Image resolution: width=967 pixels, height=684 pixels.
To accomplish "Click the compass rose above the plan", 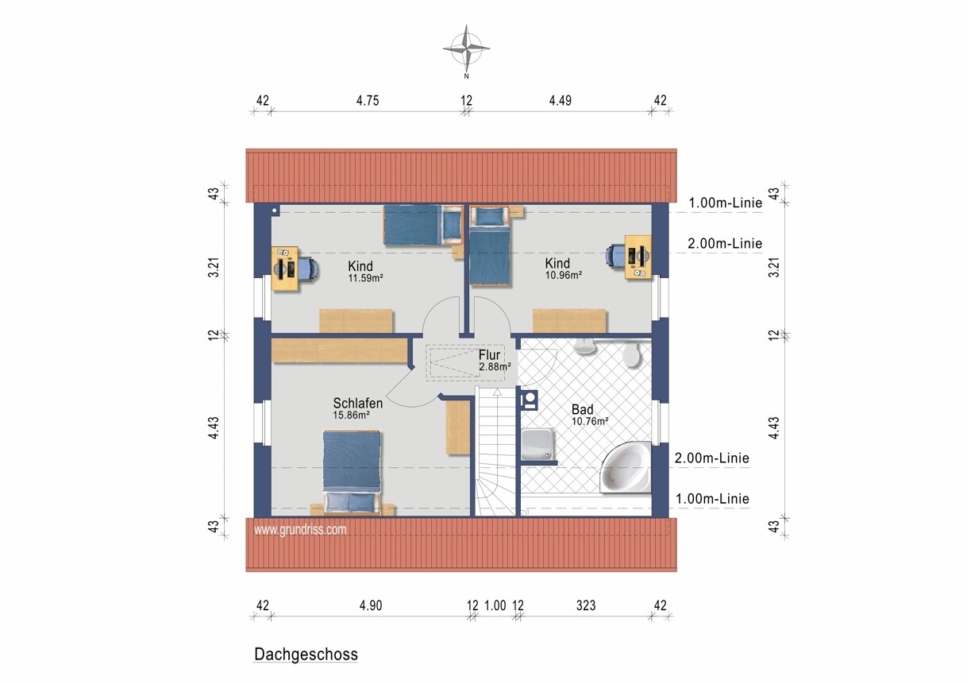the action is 466,48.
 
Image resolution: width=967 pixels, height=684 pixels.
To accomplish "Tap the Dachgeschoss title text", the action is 306,654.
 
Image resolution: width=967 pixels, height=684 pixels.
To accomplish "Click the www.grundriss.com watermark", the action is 300,529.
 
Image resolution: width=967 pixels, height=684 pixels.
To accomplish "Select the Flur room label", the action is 489,355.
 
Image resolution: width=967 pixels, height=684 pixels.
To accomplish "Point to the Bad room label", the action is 583,409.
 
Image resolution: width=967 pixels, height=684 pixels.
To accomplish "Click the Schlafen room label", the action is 358,403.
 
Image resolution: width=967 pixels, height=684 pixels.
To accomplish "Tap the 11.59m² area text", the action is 366,278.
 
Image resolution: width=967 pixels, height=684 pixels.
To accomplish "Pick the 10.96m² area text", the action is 564,275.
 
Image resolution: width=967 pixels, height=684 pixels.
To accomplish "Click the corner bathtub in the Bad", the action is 626,468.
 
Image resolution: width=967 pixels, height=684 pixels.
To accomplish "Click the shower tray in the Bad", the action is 537,445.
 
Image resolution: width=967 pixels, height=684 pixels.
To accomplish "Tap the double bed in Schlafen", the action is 353,471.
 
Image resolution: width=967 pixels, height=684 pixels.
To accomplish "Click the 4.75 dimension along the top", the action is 368,100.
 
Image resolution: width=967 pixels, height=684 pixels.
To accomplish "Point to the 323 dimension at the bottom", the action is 586,605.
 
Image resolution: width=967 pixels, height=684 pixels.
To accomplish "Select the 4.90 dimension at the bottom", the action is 371,605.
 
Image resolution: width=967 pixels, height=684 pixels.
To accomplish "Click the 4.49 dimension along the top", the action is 560,100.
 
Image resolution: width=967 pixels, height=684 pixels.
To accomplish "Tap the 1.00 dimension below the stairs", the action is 495,605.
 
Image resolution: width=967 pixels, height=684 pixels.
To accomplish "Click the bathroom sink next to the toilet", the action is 585,346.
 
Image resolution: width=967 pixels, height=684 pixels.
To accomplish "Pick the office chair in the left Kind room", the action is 309,269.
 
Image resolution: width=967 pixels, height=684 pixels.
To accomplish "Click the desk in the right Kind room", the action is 638,257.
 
